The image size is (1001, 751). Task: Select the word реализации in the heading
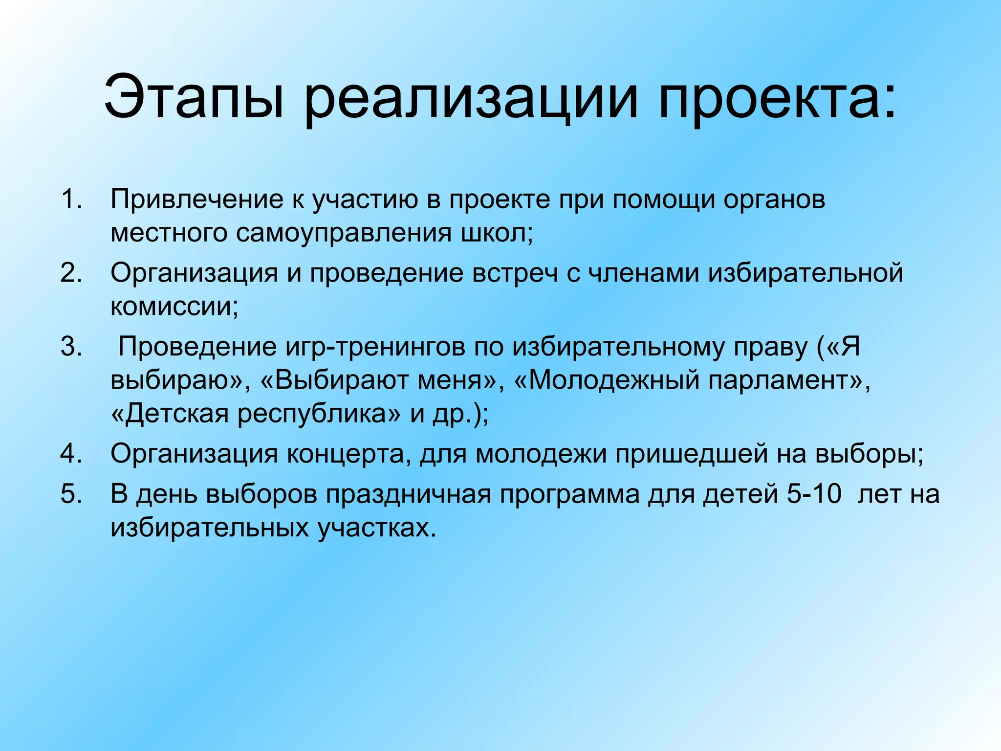point(472,96)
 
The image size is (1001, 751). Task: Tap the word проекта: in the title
point(777,96)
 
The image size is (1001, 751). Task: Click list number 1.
point(71,199)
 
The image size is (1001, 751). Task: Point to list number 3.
point(71,347)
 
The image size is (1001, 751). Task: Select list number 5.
point(71,494)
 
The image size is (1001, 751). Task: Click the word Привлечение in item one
point(196,199)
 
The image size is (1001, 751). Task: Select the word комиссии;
point(174,307)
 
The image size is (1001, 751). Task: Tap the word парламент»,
point(789,380)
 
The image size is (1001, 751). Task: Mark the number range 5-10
point(814,494)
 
